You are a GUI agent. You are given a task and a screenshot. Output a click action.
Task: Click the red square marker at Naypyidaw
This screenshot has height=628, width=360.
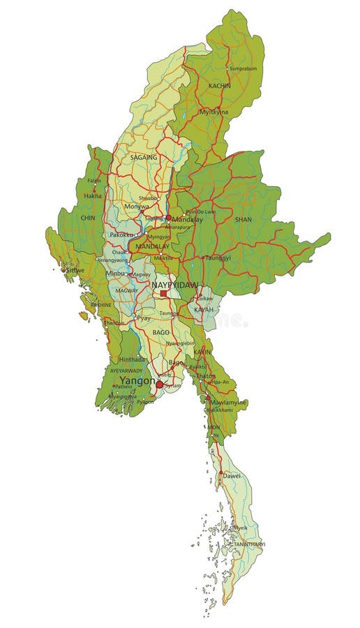[164, 294]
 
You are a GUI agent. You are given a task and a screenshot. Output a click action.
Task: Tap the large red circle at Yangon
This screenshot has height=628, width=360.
[159, 384]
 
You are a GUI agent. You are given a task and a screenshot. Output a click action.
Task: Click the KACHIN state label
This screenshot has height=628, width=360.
[220, 84]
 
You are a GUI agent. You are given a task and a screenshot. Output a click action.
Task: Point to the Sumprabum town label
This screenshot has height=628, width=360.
[243, 69]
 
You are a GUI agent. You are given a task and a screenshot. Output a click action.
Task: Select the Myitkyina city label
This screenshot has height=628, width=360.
[214, 112]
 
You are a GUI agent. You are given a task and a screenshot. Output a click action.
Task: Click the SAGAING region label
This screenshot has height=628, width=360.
[144, 158]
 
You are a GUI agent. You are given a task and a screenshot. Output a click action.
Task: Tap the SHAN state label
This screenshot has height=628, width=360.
[243, 218]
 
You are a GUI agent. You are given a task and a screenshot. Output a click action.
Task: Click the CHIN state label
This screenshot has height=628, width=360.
[88, 218]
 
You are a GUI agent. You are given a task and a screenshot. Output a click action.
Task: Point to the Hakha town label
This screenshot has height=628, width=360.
[93, 196]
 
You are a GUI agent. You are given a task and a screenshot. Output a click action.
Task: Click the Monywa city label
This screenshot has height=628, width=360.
[136, 207]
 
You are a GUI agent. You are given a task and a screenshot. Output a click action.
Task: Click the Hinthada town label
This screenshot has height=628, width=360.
[132, 359]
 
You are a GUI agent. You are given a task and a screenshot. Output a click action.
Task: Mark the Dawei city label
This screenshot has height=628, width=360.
[232, 475]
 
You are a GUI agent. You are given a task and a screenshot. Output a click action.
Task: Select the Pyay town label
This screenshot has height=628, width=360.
[144, 318]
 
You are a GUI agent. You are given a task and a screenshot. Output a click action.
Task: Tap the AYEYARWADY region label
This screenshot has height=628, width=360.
[126, 371]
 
